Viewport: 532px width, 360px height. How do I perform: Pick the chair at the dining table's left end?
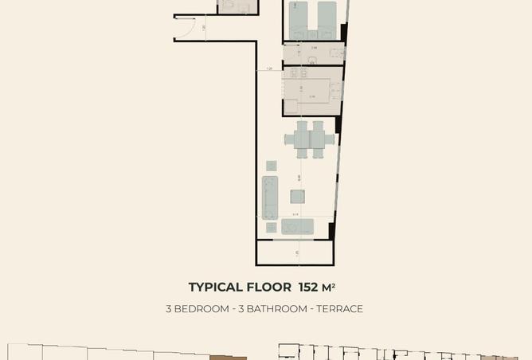[x=288, y=140]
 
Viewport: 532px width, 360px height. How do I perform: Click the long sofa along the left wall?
[x=270, y=197]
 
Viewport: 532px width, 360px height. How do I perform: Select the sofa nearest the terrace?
[x=296, y=227]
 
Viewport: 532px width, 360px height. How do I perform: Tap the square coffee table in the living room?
[x=296, y=197]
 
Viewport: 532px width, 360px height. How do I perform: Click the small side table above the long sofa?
[x=272, y=166]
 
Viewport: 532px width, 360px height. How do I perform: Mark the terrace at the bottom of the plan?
[x=295, y=252]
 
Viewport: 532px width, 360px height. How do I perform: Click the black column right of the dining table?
[x=338, y=126]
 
